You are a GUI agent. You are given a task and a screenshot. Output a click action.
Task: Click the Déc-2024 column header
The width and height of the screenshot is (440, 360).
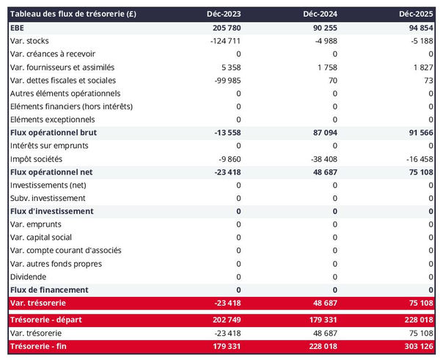pyautogui.click(x=319, y=14)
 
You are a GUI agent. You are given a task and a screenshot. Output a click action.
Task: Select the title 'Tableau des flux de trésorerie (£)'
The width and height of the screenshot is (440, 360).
pyautogui.click(x=73, y=14)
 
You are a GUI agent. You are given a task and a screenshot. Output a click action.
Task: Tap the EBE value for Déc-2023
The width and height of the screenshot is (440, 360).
pyautogui.click(x=224, y=27)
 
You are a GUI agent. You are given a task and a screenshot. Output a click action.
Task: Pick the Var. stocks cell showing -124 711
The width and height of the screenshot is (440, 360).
pyautogui.click(x=223, y=40)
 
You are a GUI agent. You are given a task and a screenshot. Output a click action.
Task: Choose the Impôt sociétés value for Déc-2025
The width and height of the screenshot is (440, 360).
pyautogui.click(x=418, y=158)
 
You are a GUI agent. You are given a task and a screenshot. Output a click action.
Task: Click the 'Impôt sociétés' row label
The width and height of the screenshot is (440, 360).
pyautogui.click(x=37, y=158)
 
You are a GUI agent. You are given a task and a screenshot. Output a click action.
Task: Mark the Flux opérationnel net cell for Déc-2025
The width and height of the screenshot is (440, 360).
pyautogui.click(x=419, y=172)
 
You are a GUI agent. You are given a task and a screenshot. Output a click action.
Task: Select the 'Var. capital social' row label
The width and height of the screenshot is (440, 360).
pyautogui.click(x=41, y=237)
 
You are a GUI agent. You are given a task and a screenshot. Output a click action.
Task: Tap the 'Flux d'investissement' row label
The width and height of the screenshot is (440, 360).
pyautogui.click(x=52, y=211)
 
